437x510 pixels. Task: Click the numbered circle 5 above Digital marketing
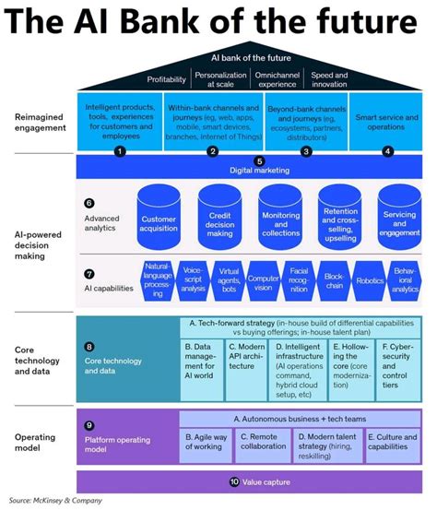(258, 160)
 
